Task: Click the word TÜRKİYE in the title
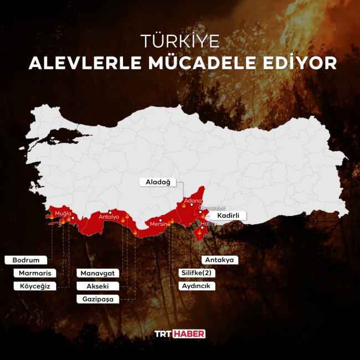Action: (x=180, y=41)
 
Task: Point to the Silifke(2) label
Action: (x=197, y=273)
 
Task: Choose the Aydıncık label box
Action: (x=197, y=286)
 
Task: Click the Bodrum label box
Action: (x=25, y=260)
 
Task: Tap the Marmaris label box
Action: (x=34, y=273)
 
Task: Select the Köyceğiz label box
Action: (x=34, y=286)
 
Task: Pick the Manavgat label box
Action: (x=99, y=273)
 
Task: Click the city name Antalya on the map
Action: (x=109, y=217)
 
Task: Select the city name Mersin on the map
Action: (x=158, y=224)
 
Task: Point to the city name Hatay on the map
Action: (x=209, y=223)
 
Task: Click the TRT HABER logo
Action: (x=179, y=333)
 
